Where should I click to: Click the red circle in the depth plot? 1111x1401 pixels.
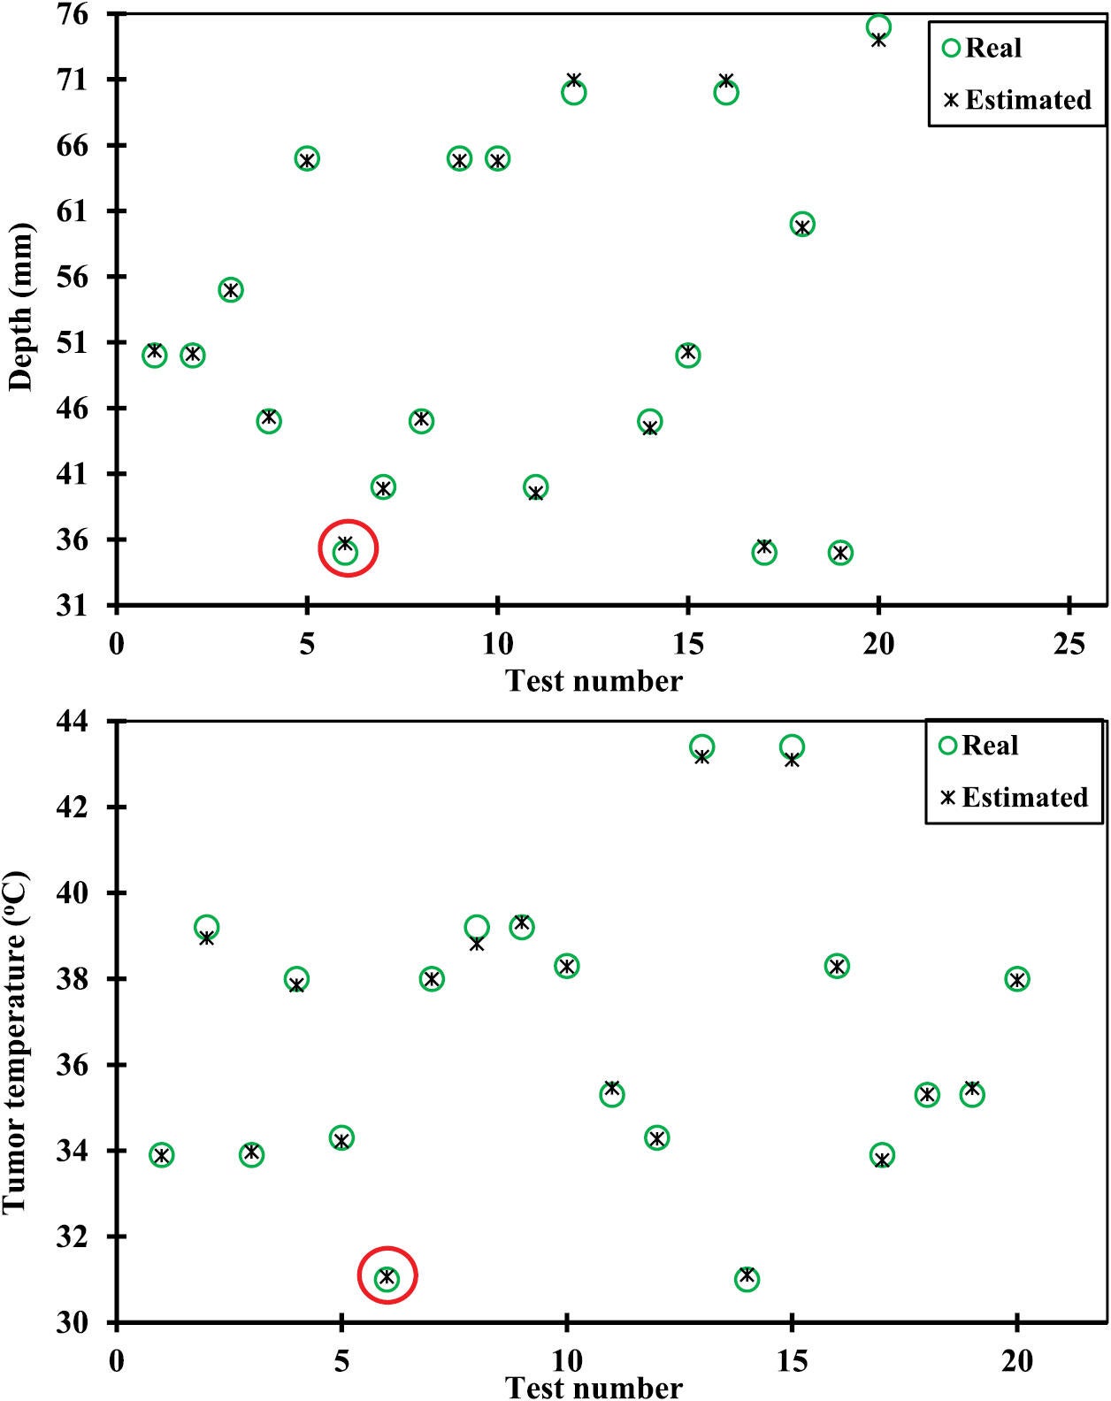click(348, 548)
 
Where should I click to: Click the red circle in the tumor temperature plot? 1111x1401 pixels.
click(387, 1275)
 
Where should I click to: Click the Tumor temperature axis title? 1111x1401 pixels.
click(16, 1044)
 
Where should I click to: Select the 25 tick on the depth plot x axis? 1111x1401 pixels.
click(1069, 644)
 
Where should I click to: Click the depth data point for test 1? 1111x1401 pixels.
click(155, 355)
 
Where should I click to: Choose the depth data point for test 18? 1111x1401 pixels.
click(802, 225)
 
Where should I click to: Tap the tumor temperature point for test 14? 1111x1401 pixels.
click(747, 1278)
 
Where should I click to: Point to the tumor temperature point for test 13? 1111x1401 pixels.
click(701, 748)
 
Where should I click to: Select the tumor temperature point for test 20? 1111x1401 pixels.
click(1017, 979)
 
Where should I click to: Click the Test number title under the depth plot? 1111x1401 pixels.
click(594, 681)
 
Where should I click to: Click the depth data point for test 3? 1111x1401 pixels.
click(231, 289)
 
